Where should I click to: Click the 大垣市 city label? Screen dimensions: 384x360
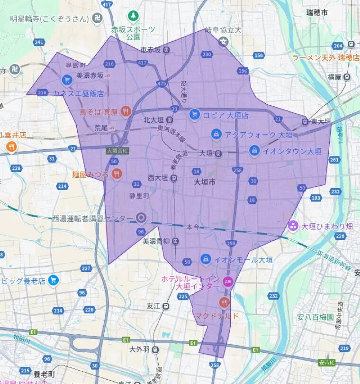coord(205,182)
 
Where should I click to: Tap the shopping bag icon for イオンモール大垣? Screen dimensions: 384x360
coord(206,259)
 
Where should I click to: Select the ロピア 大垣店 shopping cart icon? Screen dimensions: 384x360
coord(194,114)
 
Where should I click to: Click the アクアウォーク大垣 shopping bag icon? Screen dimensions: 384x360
coord(216,134)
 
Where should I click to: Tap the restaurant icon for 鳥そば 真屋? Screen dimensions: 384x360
coord(126,111)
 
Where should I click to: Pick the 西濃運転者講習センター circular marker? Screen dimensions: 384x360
coord(141,218)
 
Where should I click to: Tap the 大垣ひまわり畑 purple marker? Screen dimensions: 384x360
coord(293,226)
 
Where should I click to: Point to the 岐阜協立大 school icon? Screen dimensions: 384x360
coord(224,42)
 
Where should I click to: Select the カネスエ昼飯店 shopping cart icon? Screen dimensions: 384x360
coord(66,80)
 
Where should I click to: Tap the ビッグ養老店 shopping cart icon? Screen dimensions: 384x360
coord(53,280)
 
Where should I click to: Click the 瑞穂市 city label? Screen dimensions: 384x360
coord(317,13)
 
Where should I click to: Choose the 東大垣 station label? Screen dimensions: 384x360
coord(321,121)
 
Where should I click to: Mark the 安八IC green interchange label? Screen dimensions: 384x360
coord(328,362)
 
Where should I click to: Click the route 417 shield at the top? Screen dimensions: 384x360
coord(107,4)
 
